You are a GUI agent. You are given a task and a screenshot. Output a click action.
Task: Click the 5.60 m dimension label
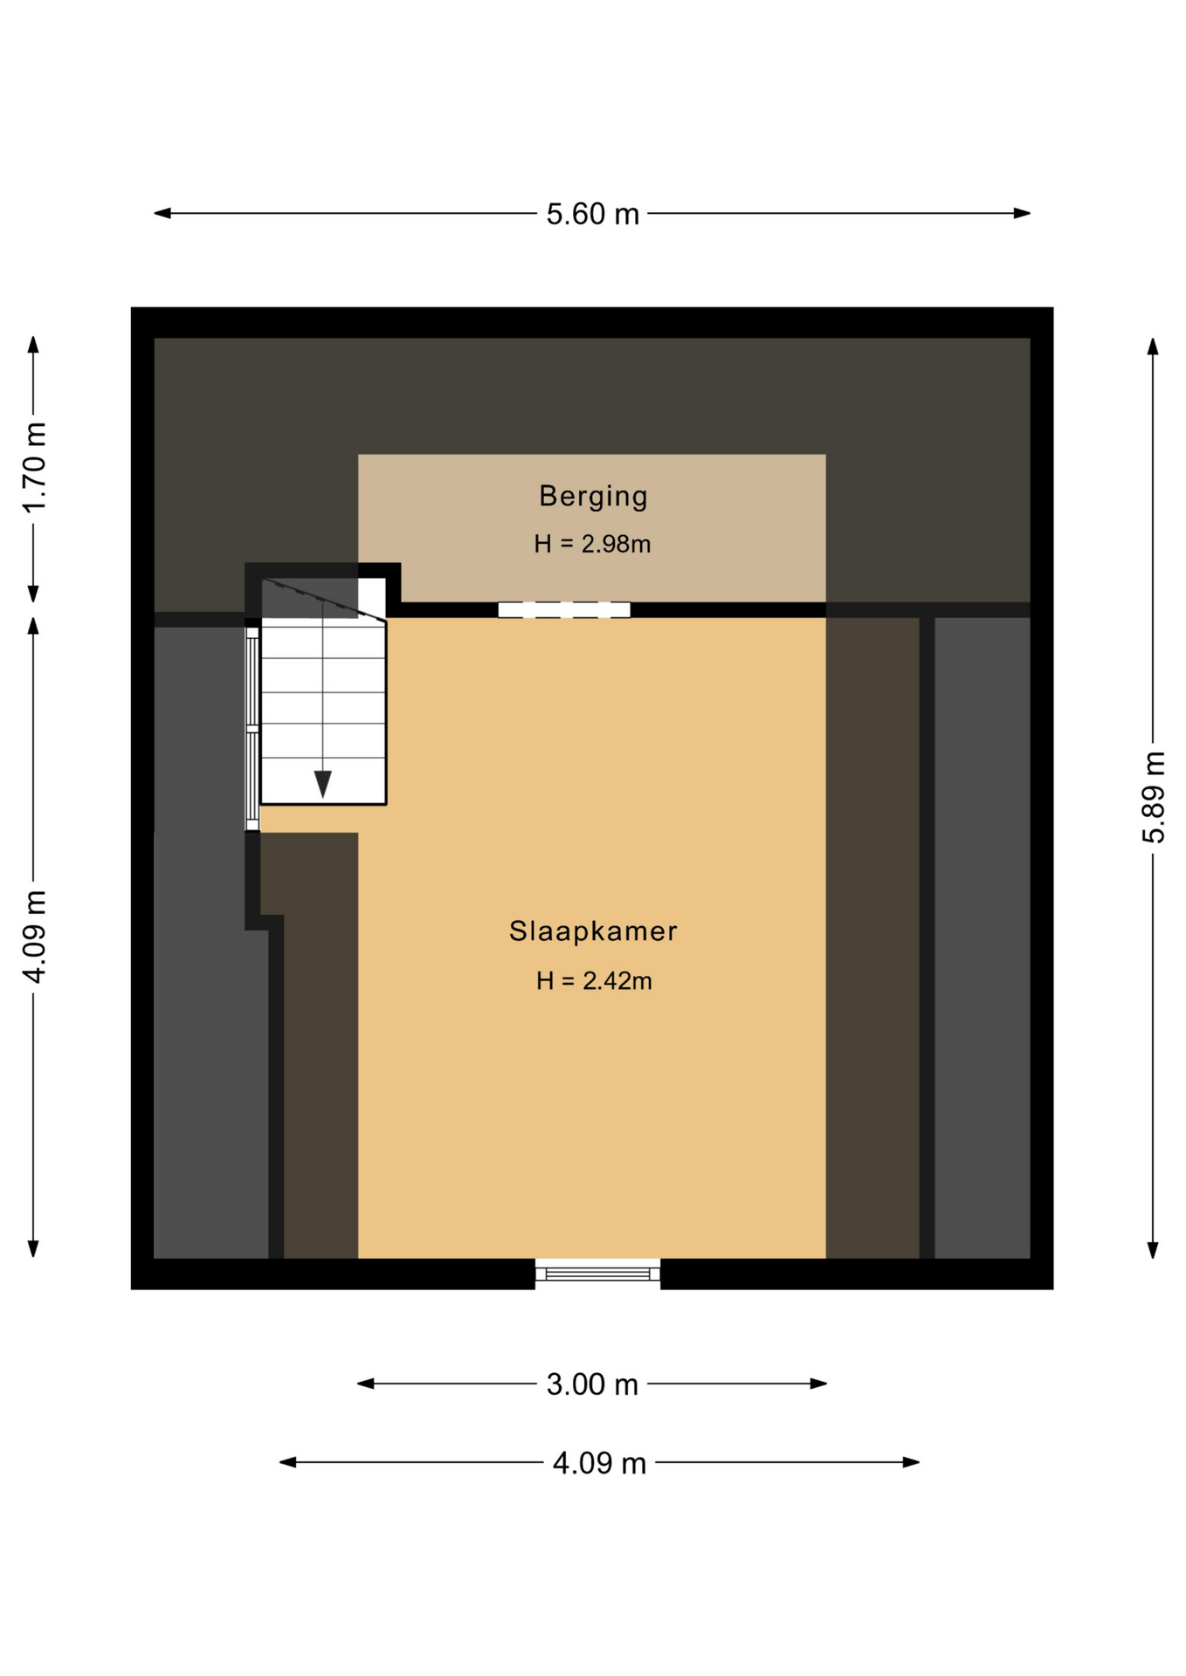[592, 214]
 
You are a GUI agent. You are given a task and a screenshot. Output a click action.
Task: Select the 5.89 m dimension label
[1153, 797]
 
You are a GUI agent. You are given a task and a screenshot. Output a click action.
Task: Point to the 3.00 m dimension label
[592, 1384]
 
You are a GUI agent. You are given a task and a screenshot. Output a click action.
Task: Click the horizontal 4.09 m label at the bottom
[599, 1463]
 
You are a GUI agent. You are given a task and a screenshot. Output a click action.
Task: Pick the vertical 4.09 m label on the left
[34, 937]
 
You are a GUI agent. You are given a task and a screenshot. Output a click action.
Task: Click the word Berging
[593, 496]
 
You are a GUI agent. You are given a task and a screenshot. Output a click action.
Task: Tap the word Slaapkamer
[593, 931]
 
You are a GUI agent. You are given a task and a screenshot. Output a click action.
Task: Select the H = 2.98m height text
[592, 544]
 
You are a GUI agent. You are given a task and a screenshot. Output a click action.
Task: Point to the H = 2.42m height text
[594, 981]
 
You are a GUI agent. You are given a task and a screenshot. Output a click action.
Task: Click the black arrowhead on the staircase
[322, 784]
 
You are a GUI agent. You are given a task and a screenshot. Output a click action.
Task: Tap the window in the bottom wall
[597, 1274]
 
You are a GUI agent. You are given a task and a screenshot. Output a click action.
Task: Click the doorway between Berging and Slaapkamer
[564, 610]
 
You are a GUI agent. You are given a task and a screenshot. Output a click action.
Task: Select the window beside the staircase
[252, 729]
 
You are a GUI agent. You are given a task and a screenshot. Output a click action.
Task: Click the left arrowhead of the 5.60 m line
[162, 213]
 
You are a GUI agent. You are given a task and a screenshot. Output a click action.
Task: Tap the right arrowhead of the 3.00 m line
[818, 1384]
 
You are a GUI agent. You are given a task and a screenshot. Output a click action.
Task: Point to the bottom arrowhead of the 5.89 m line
[1153, 1250]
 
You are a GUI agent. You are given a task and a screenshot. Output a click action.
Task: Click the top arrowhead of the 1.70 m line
[33, 345]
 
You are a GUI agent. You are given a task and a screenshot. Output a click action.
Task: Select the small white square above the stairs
[371, 597]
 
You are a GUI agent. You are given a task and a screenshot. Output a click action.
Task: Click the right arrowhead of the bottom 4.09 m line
[911, 1462]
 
